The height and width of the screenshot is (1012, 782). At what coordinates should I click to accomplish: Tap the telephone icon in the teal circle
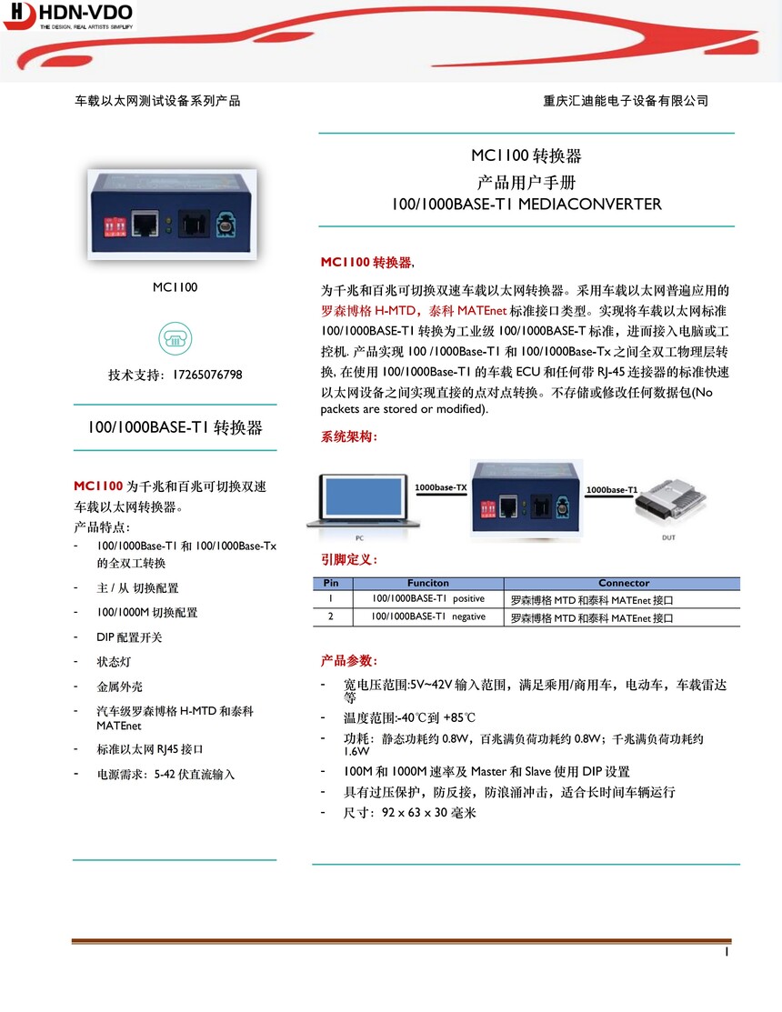point(175,337)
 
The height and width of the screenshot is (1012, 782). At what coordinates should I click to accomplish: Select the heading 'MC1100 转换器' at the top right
point(526,155)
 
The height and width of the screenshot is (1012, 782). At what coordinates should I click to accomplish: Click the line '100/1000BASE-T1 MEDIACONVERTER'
point(526,204)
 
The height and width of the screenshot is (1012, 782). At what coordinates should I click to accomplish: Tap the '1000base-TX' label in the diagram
point(440,488)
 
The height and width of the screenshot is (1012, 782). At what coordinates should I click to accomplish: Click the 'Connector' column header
point(623,583)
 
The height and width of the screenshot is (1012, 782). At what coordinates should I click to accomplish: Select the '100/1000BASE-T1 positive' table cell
point(427,599)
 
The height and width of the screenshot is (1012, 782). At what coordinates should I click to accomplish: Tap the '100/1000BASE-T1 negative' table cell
point(427,616)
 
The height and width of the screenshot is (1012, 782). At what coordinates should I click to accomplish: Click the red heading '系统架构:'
point(349,437)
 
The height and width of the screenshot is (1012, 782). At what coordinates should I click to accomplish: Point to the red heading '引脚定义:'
point(349,559)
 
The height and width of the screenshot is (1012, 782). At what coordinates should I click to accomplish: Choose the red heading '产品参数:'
point(349,659)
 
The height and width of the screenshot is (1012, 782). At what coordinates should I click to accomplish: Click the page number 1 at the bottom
point(727,952)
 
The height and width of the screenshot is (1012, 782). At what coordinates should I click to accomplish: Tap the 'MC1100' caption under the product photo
point(175,287)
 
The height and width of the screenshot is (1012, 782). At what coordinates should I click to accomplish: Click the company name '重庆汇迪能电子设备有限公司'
point(625,101)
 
